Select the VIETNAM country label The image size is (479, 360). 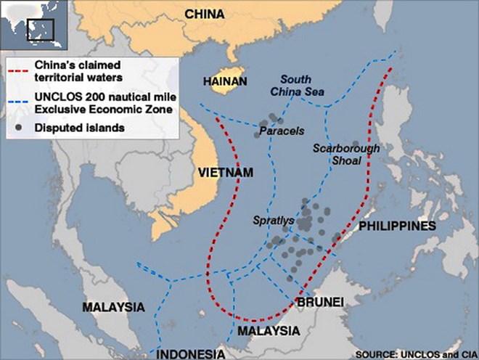pos(226,173)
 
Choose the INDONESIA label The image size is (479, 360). pos(191,353)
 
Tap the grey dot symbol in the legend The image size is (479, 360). pos(22,127)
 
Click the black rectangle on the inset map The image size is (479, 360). pos(41,30)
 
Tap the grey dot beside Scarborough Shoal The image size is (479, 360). pos(356,144)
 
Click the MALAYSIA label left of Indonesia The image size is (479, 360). pos(113,307)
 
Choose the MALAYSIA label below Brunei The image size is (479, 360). pos(269,330)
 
